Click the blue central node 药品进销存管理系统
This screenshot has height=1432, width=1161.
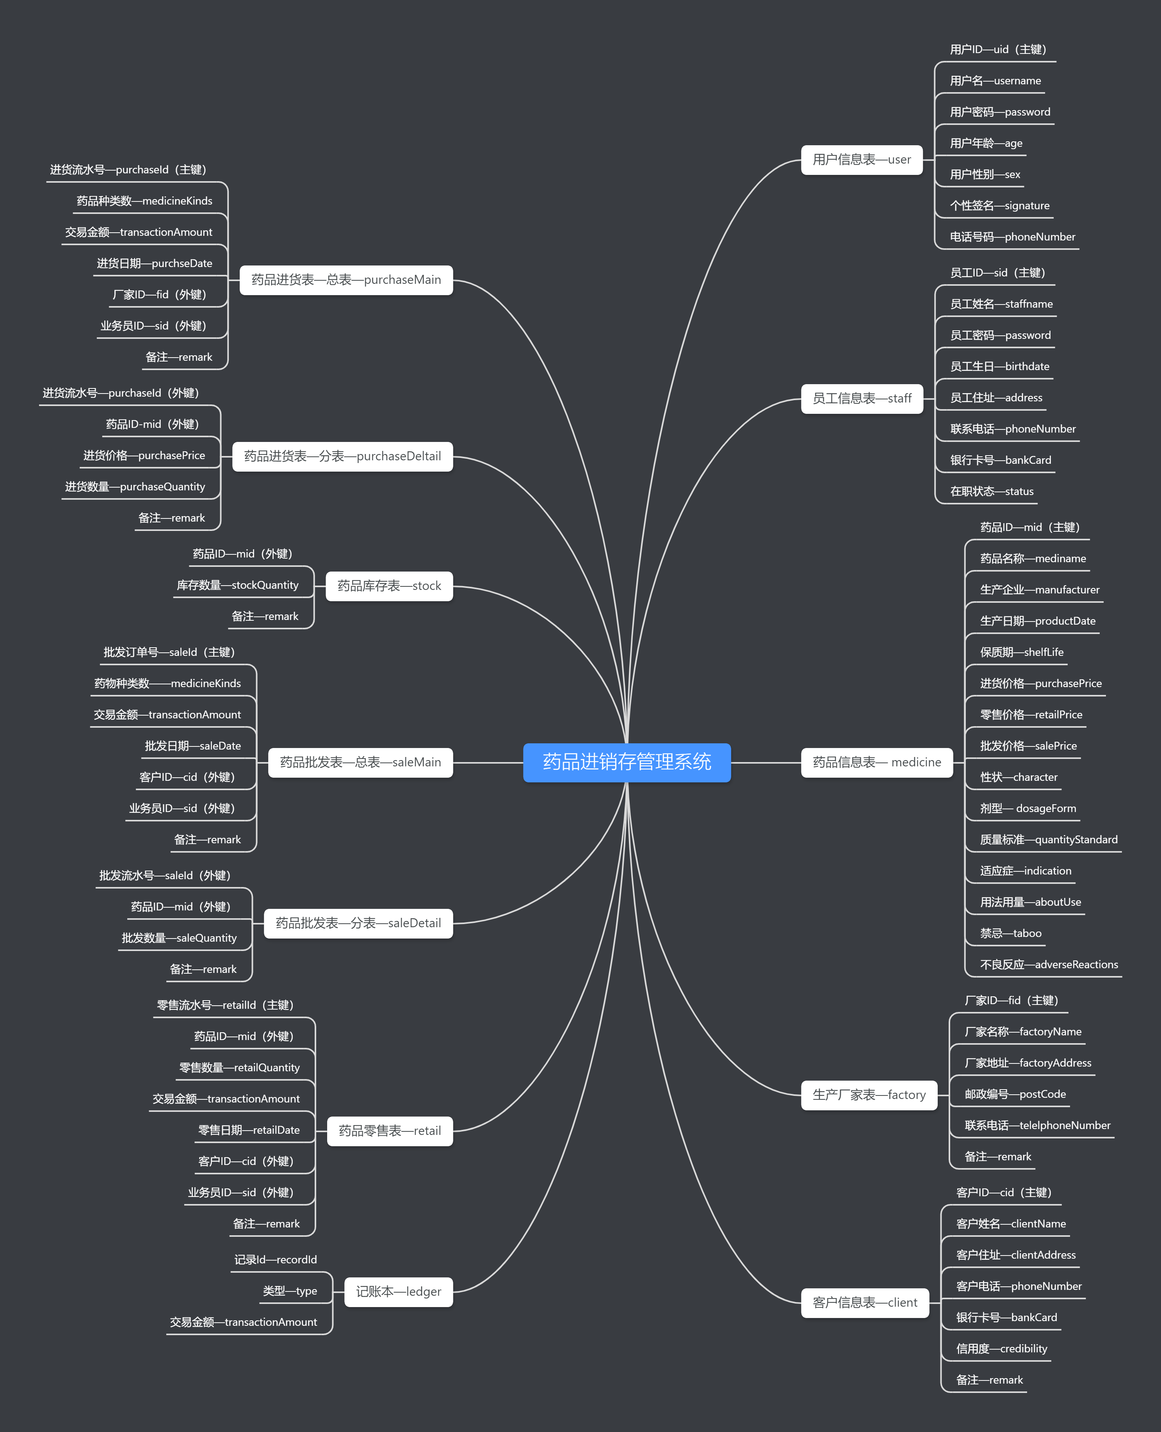pyautogui.click(x=627, y=762)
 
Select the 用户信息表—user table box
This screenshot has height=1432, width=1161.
pyautogui.click(x=862, y=160)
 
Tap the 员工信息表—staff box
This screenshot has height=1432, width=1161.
pyautogui.click(x=862, y=399)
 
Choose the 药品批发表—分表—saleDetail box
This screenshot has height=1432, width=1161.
pyautogui.click(x=358, y=923)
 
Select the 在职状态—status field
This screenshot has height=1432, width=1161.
pyautogui.click(x=992, y=492)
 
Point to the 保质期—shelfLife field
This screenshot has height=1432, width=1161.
pyautogui.click(x=1021, y=652)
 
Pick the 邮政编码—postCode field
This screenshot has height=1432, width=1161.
pyautogui.click(x=1015, y=1094)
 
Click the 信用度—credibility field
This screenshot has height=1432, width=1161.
pyautogui.click(x=1001, y=1348)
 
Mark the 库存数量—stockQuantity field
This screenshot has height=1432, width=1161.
pyautogui.click(x=237, y=585)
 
